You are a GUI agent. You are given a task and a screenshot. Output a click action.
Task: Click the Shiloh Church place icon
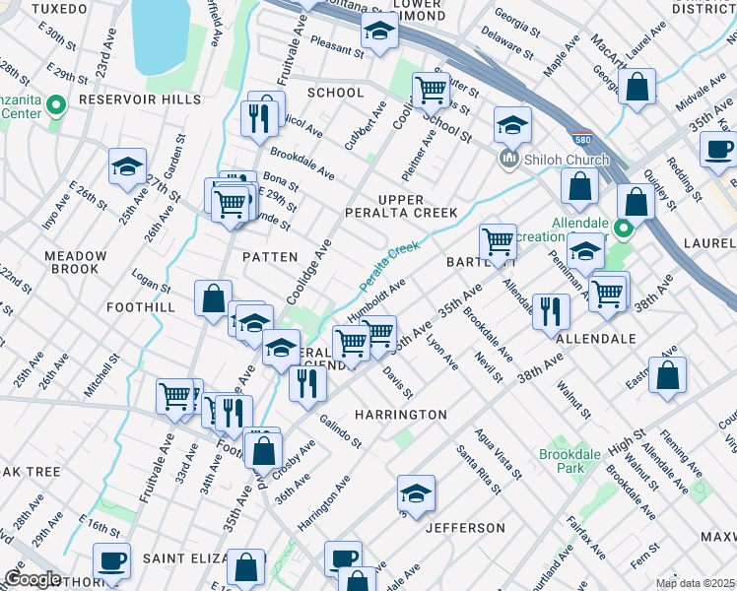[x=509, y=159]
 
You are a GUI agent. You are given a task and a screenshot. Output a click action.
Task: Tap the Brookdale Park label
[x=562, y=461]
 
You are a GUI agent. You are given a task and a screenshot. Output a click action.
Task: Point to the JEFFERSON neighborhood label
[x=465, y=528]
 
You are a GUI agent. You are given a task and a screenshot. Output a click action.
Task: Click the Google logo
[x=32, y=579]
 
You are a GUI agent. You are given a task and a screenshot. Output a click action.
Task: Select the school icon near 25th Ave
[x=127, y=166]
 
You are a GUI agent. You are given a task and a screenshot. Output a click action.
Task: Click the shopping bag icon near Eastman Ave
[x=667, y=374]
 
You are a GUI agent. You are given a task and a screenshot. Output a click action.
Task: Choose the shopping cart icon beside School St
[x=431, y=90]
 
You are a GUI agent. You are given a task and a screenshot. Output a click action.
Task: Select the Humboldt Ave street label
[x=376, y=298]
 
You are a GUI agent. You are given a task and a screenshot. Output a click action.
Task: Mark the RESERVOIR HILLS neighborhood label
[x=140, y=99]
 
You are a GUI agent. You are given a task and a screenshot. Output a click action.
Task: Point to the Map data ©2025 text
[x=695, y=583]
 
